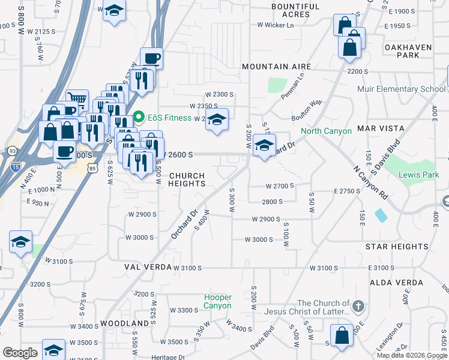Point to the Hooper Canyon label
tap(217, 301)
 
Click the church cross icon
tap(358, 307)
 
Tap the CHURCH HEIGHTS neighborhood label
tap(187, 180)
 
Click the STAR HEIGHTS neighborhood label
tap(397, 247)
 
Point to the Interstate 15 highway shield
tap(15, 163)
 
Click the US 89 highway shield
tap(92, 163)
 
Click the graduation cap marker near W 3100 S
tap(21, 242)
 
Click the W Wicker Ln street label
tap(276, 25)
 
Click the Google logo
tap(19, 353)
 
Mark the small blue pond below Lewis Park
tap(380, 214)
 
